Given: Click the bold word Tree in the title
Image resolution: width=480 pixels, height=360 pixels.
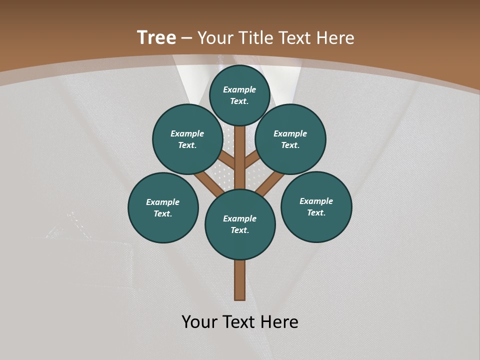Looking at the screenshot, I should tap(156, 38).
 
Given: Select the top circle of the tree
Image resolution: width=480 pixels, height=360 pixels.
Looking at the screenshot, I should tap(239, 95).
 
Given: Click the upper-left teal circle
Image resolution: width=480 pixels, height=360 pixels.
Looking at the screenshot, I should tap(187, 139).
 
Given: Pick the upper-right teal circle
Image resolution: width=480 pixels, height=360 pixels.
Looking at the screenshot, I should tap(290, 139).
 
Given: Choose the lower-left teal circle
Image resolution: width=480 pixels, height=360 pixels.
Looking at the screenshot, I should tap(163, 207).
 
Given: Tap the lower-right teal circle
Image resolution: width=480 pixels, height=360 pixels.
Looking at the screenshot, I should tap(316, 206).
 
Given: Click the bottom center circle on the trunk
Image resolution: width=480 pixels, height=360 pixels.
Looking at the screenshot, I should tap(240, 224).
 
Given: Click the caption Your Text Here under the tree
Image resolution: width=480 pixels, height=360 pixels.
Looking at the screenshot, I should tap(240, 322).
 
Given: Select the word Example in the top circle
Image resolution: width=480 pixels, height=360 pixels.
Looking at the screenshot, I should tap(239, 89).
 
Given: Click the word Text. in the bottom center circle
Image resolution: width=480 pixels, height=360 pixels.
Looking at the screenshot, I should tap(239, 230).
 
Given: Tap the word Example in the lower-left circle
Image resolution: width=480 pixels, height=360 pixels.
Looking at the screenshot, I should tap(162, 202).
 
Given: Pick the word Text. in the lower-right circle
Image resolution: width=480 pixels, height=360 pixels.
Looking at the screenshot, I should tap(316, 212).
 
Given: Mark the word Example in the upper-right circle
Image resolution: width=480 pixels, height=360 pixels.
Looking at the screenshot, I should tap(290, 133).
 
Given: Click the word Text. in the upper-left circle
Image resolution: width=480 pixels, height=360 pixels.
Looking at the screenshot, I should tap(187, 145).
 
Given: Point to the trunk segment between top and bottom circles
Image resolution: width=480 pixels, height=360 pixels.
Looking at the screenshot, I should tap(239, 160).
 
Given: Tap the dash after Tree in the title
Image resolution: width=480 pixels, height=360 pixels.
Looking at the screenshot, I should tap(187, 38).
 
